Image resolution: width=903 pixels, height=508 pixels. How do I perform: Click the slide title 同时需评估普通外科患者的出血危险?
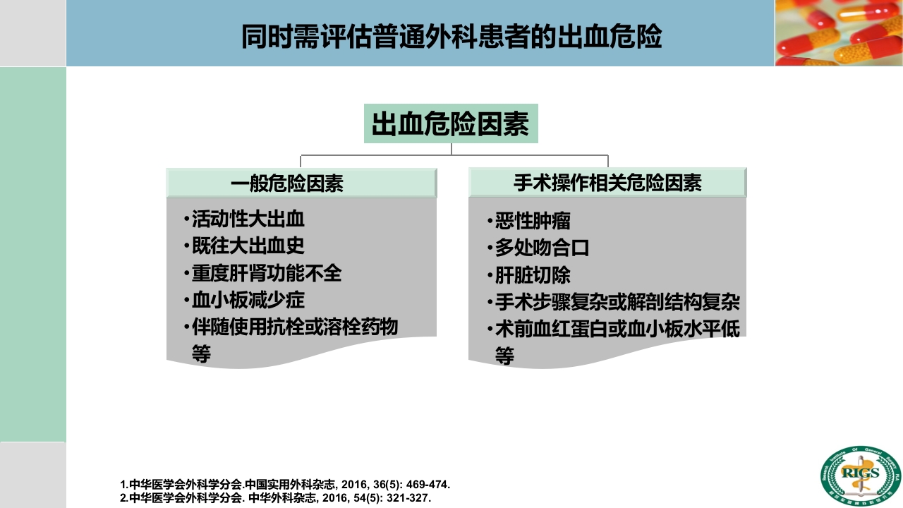[451, 37]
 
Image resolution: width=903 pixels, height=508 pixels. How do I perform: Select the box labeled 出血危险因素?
[450, 125]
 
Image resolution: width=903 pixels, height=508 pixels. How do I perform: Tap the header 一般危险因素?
[287, 184]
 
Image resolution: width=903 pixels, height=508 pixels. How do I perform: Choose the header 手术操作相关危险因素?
[607, 183]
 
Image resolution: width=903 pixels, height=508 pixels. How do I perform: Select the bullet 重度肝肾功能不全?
[267, 273]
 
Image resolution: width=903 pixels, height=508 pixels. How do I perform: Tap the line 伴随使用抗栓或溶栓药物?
[295, 327]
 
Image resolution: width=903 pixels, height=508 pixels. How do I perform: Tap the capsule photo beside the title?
[839, 32]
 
